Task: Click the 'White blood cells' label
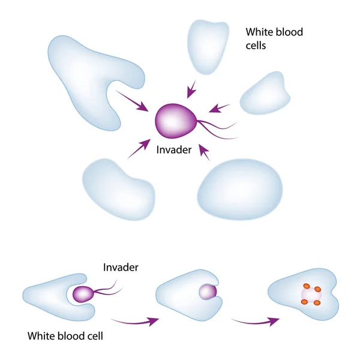coord(274,38)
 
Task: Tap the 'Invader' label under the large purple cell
coord(174,150)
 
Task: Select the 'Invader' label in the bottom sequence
coord(121,268)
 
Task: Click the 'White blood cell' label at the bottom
coord(65,336)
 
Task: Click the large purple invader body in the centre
coord(176,121)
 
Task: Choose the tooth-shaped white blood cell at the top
coord(208,47)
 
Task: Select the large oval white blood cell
coord(240,190)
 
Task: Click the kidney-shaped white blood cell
coord(119,190)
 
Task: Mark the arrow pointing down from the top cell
coord(191,89)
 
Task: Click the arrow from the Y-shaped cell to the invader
coord(132,101)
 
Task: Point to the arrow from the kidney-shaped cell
coord(139,149)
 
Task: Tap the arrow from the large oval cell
coord(204,152)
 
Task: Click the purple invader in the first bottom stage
coord(83,294)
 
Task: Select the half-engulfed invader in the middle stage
coord(208,292)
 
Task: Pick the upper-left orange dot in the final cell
coord(307,286)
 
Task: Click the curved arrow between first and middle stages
coord(135,322)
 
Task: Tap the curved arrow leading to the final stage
coord(256,322)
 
